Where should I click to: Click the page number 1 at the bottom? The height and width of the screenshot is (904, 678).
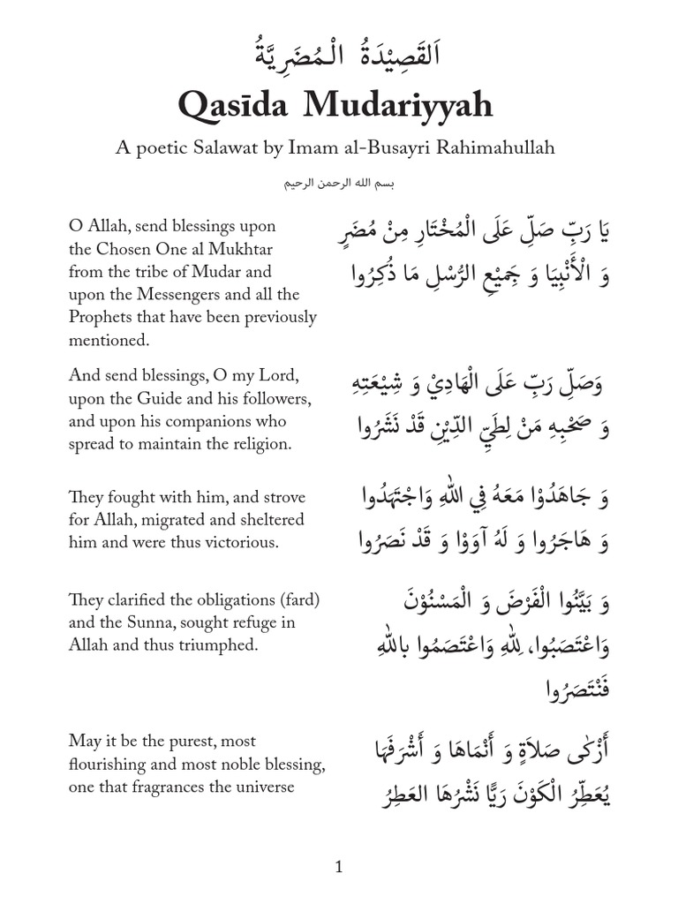point(339,868)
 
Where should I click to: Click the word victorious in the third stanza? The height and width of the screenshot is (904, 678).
point(243,541)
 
